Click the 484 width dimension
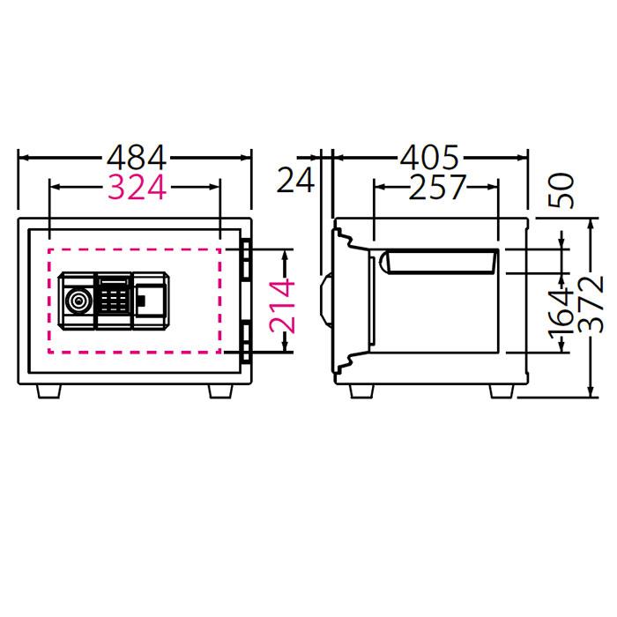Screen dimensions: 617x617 click(136, 158)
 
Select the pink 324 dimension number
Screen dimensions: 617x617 click(136, 187)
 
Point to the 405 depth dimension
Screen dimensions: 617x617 click(430, 158)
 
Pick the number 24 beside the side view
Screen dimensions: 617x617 click(295, 181)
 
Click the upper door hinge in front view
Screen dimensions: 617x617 click(246, 258)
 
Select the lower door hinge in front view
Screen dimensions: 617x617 click(246, 340)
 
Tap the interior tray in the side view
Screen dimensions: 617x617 click(438, 261)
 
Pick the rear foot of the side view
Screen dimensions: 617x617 click(502, 391)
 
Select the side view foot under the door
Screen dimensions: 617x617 click(362, 391)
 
